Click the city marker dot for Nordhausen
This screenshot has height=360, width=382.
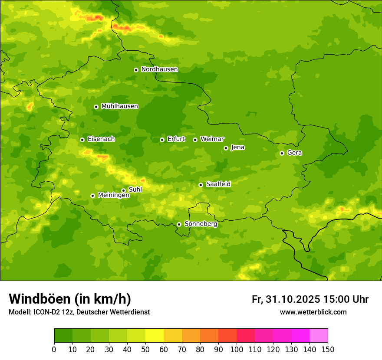(136, 70)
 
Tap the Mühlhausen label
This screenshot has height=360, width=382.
(119, 106)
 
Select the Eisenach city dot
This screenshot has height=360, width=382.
(82, 140)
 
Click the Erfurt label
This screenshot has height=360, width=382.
(176, 139)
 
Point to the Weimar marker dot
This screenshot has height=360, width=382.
(195, 140)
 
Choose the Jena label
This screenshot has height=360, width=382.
(237, 147)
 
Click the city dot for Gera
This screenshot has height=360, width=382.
(282, 153)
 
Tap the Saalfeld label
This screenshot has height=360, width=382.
(218, 184)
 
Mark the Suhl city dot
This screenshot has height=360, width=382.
(123, 190)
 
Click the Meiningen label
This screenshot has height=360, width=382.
(113, 195)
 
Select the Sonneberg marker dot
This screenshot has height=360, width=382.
(179, 224)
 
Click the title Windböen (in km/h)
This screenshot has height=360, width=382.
(70, 299)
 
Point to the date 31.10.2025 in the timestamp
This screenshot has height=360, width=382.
(293, 299)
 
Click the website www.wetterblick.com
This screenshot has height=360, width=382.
(313, 312)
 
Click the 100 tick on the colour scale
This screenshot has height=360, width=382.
(237, 349)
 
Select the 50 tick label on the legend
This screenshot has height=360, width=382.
(145, 349)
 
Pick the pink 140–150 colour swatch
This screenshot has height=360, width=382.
(319, 336)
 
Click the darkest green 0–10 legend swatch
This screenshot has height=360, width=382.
(63, 336)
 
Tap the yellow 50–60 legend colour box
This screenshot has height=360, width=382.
(155, 336)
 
